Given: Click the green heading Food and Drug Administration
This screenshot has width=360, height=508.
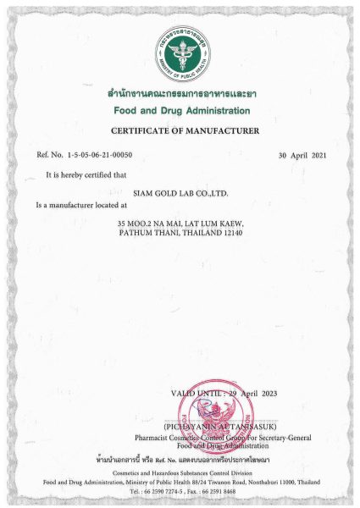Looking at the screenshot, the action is tap(180, 111).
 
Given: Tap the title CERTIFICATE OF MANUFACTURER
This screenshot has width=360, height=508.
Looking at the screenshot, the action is tap(180, 132).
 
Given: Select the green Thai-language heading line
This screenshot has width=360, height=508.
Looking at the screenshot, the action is tap(180, 97).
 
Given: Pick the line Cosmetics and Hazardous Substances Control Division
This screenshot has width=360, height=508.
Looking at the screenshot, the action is tap(180, 472).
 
